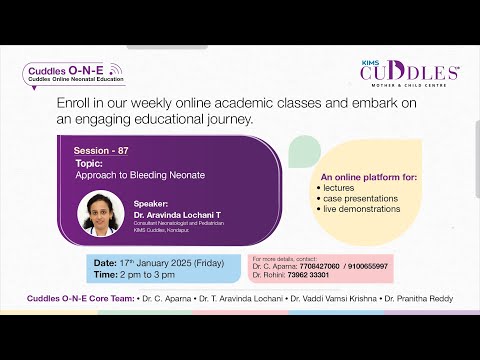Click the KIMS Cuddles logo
(410, 74)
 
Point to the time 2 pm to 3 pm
(139, 273)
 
